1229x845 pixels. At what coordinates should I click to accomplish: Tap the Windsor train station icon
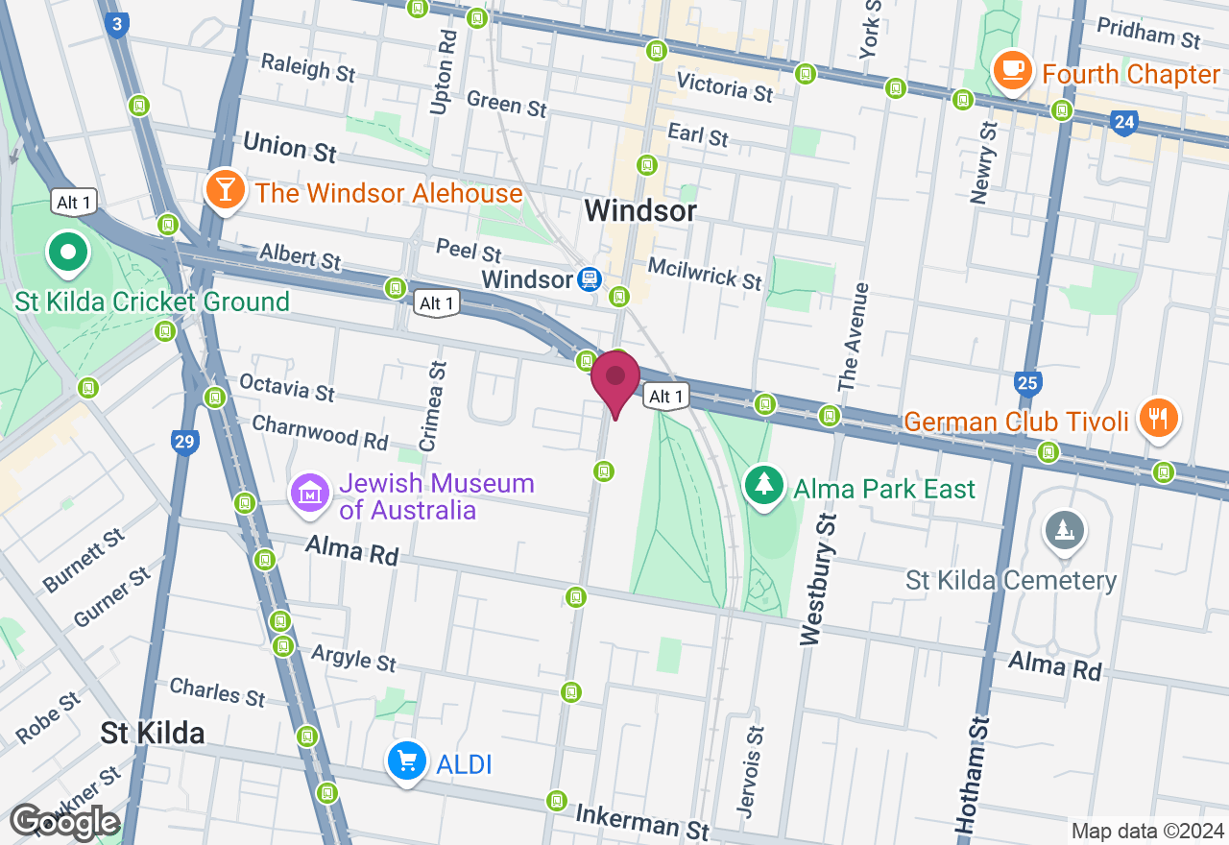(x=590, y=279)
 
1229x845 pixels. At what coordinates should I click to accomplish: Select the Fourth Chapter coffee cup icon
(x=1012, y=71)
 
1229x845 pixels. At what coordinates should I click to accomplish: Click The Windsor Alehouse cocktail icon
(x=224, y=190)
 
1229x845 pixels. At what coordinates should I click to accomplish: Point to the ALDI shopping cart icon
(x=406, y=762)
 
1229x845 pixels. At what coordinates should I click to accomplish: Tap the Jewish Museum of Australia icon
(x=310, y=495)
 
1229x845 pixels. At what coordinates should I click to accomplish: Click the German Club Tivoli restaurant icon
(x=1159, y=418)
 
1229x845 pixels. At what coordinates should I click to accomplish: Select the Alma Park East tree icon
(x=763, y=485)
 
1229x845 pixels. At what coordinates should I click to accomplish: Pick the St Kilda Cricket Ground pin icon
(x=68, y=253)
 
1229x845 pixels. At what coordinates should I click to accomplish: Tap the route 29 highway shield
(x=185, y=442)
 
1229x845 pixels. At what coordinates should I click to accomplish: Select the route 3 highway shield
(x=117, y=25)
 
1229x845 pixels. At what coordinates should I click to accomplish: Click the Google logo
(x=64, y=822)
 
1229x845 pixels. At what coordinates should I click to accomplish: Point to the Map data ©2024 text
(x=1147, y=831)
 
